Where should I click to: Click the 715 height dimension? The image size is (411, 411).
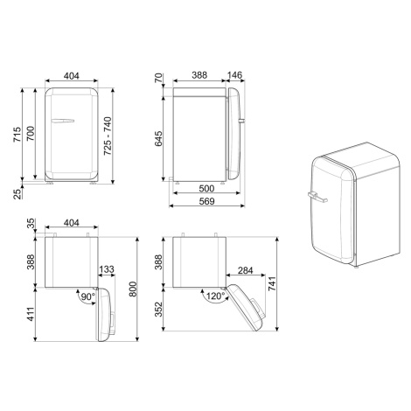click(x=17, y=135)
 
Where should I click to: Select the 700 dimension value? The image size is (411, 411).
click(x=31, y=134)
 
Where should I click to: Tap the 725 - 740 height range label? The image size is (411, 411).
click(x=108, y=136)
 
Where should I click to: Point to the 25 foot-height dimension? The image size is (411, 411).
click(x=17, y=194)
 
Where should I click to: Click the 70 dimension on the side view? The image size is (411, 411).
click(x=158, y=78)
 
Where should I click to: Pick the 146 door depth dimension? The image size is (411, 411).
click(x=234, y=75)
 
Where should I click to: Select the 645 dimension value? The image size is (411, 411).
click(x=158, y=139)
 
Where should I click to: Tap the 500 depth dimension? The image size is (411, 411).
click(x=206, y=189)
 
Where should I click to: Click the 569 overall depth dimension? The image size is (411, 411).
click(x=206, y=201)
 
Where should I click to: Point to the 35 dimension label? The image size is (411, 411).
click(x=31, y=224)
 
